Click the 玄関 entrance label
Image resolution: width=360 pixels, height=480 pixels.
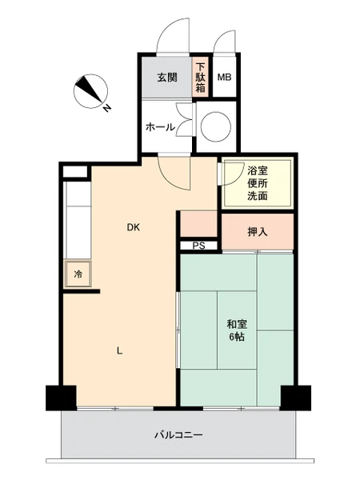[167, 77]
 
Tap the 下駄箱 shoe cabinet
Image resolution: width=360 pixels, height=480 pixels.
[201, 77]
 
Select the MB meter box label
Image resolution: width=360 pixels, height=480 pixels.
[224, 77]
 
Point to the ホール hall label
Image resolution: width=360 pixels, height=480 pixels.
[161, 126]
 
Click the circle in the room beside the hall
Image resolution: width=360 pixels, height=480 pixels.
[216, 126]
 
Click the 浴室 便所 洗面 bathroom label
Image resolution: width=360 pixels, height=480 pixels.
[258, 182]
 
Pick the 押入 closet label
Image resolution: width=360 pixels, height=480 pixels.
[258, 232]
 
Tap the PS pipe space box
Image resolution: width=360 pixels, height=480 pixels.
[198, 246]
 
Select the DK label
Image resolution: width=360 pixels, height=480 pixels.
[134, 227]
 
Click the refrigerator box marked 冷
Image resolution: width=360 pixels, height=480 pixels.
[78, 274]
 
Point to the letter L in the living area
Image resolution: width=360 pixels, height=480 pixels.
[120, 351]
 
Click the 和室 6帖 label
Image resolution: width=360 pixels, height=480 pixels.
[237, 330]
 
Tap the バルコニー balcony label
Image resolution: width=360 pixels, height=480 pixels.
[178, 434]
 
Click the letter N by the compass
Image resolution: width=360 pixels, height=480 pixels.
[106, 107]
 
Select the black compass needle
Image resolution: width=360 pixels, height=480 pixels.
[89, 89]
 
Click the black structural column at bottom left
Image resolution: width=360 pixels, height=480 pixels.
[61, 398]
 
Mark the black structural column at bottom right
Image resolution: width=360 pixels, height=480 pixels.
[296, 398]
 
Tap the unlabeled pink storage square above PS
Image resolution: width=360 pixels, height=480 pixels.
[198, 224]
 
